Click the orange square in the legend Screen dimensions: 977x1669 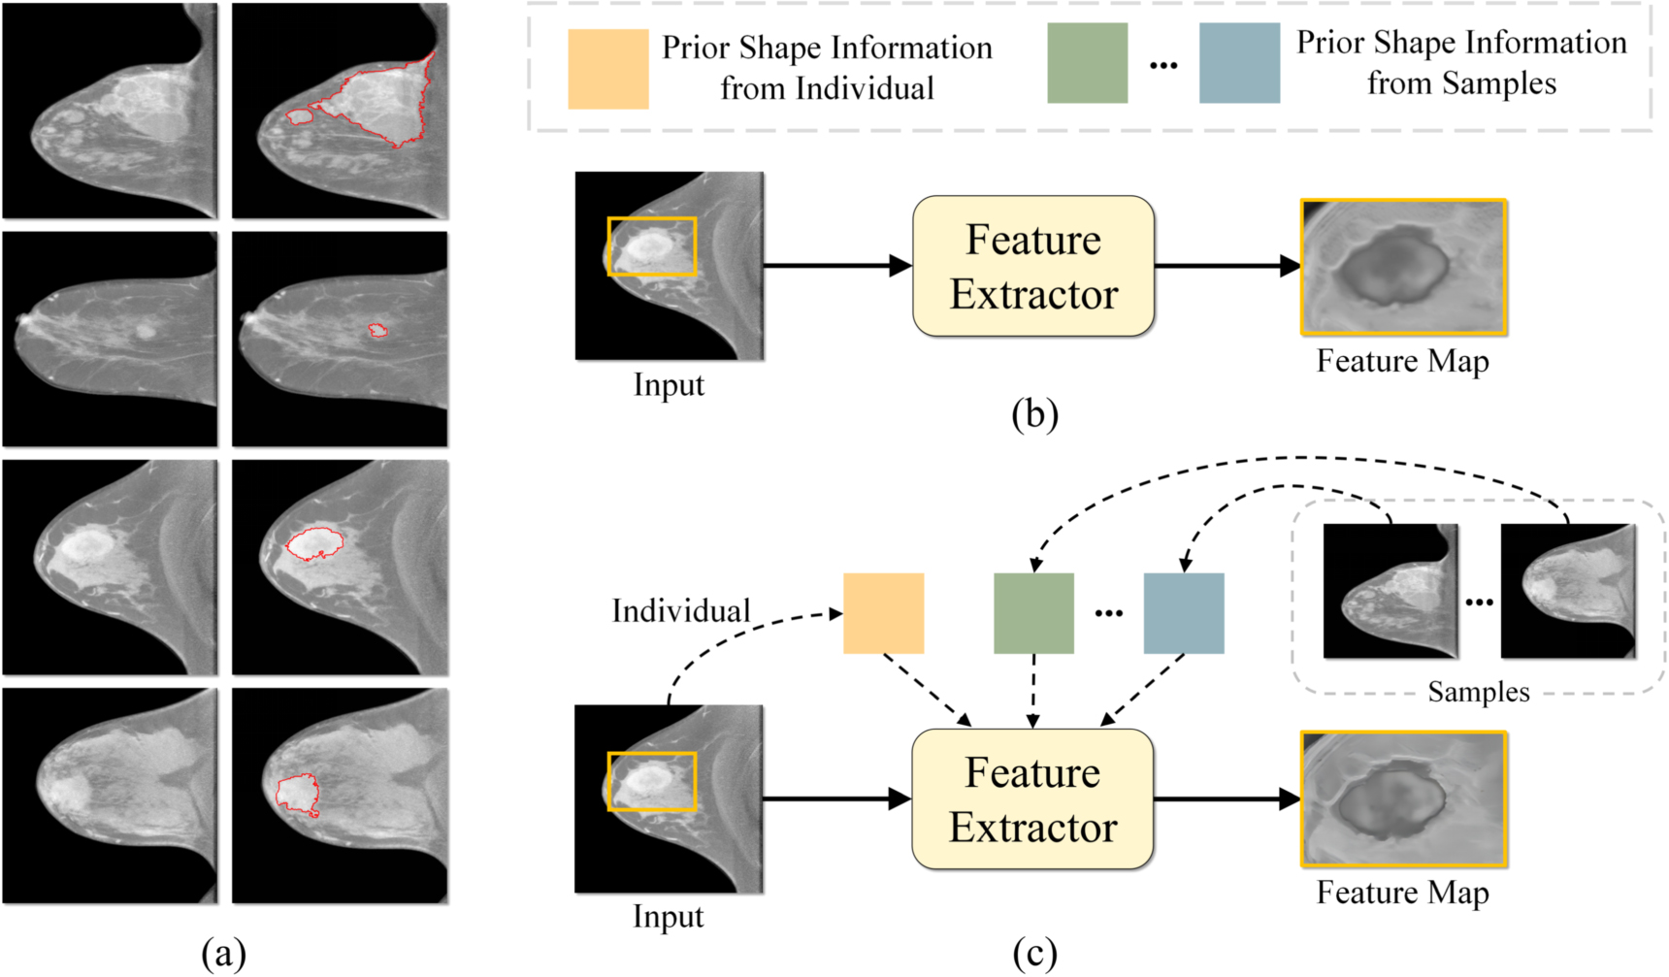[607, 68]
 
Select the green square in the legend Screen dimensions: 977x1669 [1087, 63]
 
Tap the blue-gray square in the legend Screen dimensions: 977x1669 [1239, 63]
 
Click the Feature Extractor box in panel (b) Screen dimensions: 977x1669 [1032, 266]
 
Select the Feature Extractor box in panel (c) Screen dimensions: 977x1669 [1032, 798]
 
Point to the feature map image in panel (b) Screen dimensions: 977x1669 [1403, 267]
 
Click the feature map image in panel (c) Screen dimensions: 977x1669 [1403, 798]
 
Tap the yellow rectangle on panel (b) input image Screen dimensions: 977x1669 [651, 246]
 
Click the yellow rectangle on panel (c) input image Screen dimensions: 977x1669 [651, 781]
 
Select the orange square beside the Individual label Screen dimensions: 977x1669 [883, 613]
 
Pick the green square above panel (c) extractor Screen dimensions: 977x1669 [1033, 613]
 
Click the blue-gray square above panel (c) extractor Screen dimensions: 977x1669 [1184, 613]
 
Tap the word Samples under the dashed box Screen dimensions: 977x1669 [1478, 692]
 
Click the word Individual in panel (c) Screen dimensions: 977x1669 [681, 611]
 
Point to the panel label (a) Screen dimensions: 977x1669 [223, 954]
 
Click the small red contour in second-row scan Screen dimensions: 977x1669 [377, 331]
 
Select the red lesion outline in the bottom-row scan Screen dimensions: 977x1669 [297, 794]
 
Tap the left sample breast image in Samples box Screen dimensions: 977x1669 [1390, 591]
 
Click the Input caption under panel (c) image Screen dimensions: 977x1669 [668, 916]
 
